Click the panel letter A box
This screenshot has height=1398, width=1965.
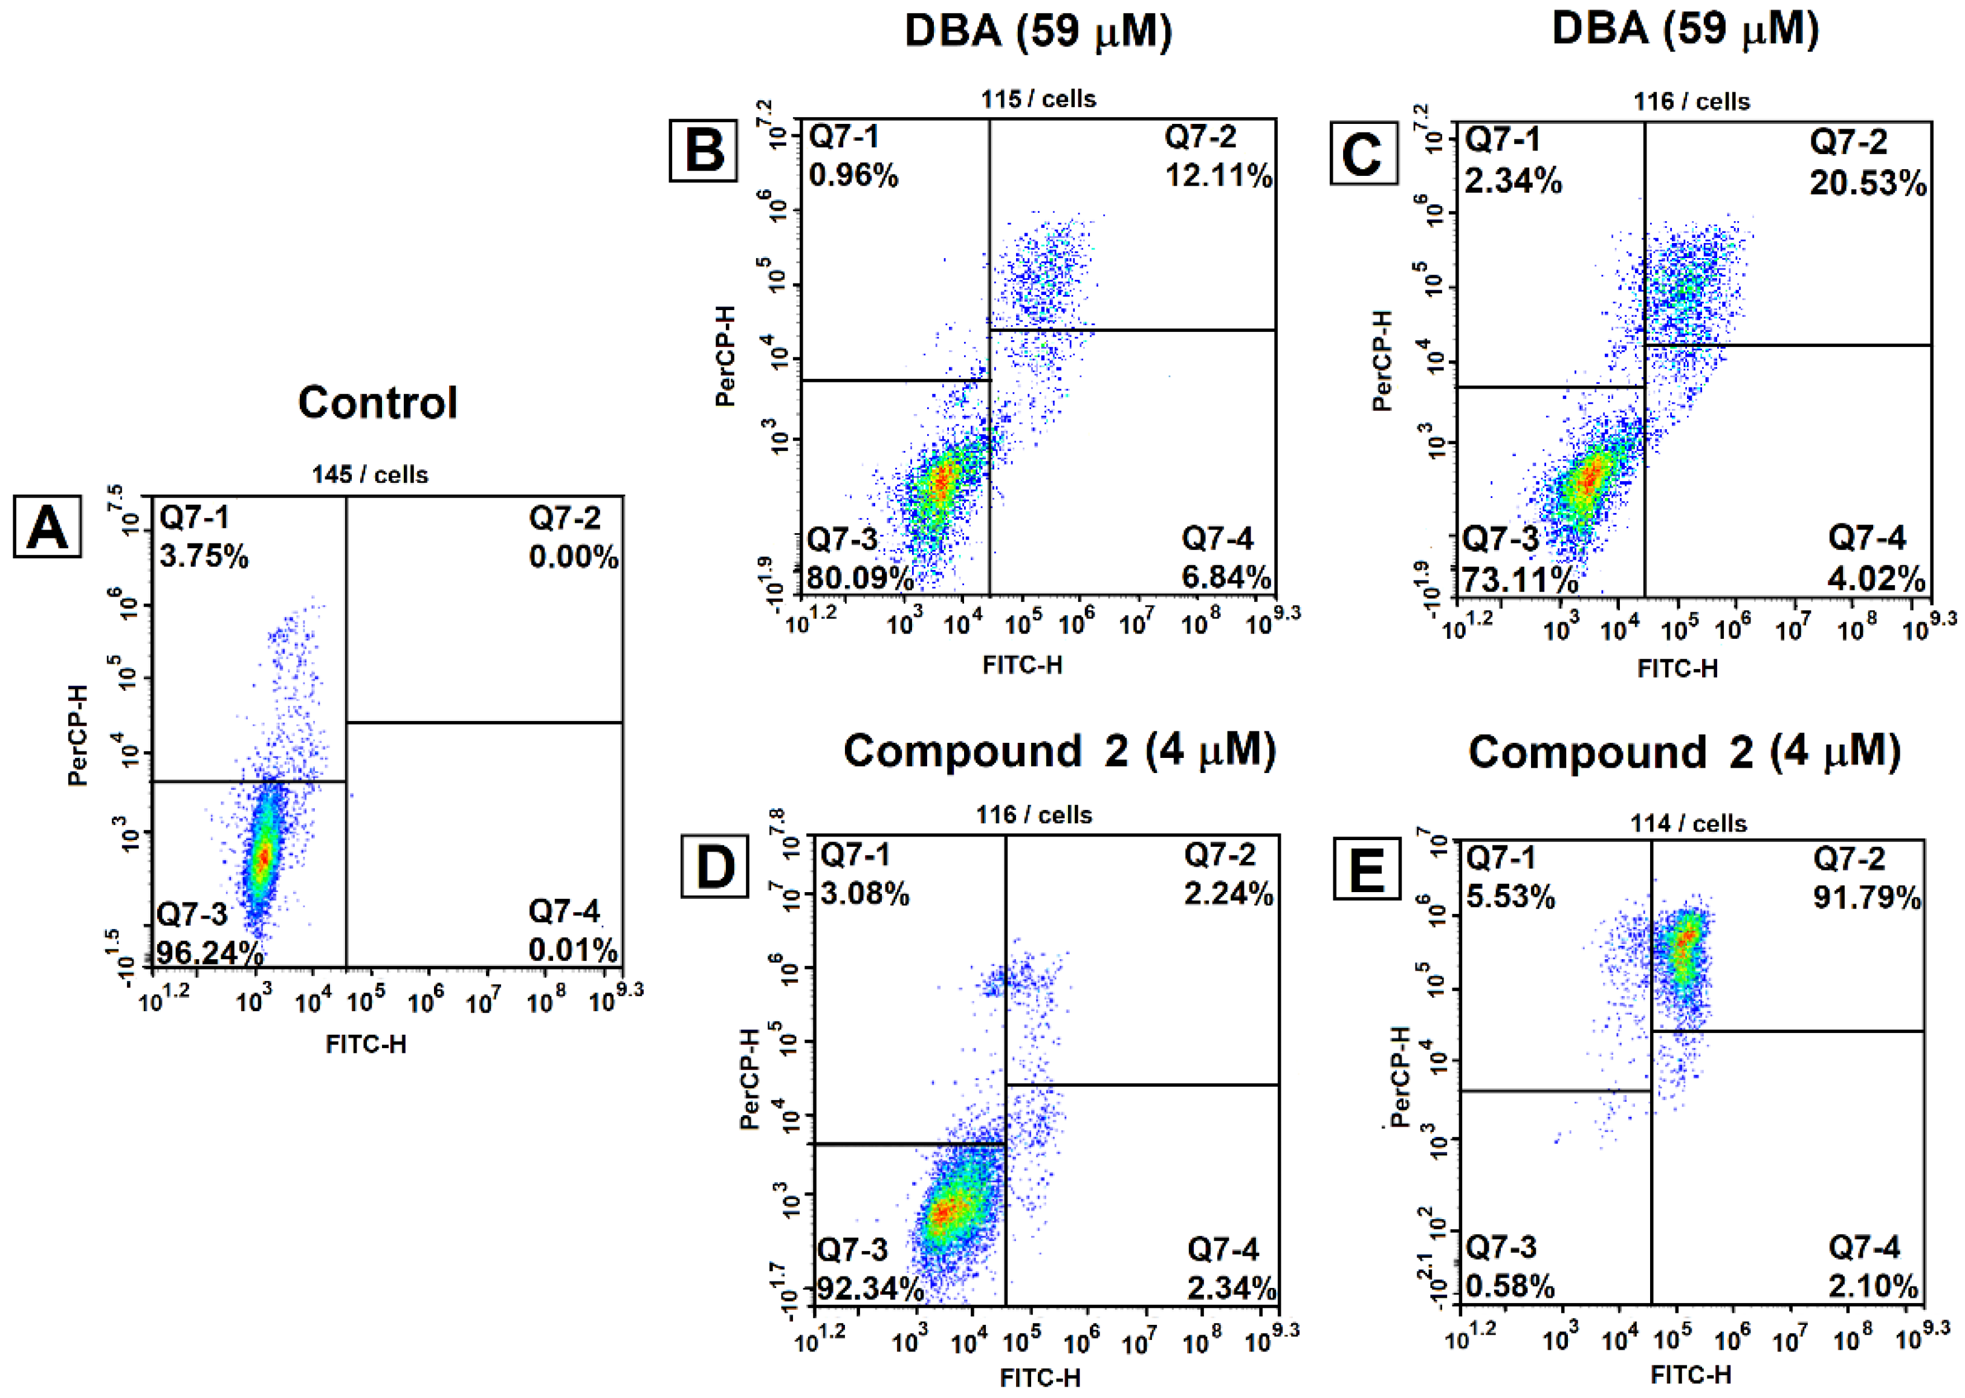(x=47, y=527)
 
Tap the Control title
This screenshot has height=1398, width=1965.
(x=377, y=402)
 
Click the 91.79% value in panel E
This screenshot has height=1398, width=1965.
(x=1866, y=898)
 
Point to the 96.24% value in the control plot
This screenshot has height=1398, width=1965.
(x=209, y=952)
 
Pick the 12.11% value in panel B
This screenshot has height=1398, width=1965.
(x=1218, y=176)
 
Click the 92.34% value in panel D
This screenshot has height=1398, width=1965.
(x=869, y=1289)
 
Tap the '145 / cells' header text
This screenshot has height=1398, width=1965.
(x=369, y=474)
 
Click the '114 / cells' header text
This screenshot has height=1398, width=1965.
(x=1688, y=823)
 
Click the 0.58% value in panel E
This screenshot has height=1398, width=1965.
(x=1510, y=1287)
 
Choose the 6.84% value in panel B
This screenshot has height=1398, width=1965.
(x=1226, y=577)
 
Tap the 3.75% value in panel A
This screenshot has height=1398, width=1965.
(x=204, y=556)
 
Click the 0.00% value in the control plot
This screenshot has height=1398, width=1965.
(x=573, y=557)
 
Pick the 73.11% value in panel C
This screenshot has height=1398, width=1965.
(x=1519, y=580)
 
